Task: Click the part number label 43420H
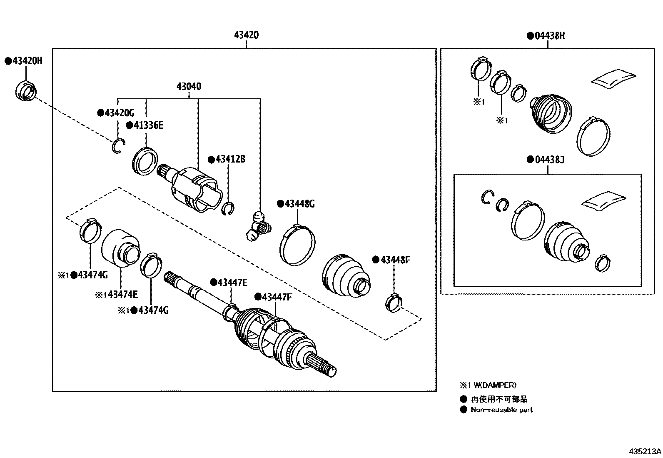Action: tap(27, 61)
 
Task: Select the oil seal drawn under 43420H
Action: tap(26, 91)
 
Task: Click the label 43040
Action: tap(189, 87)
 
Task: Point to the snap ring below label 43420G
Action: tap(118, 146)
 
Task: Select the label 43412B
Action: tap(230, 159)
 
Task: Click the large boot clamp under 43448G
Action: tap(297, 245)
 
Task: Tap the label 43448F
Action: tap(395, 260)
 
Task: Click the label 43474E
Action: tap(120, 295)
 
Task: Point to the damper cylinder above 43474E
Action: tap(120, 247)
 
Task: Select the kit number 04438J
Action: tap(549, 160)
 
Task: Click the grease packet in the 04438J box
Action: tap(604, 199)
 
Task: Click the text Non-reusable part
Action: tap(501, 410)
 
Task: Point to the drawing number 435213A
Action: tap(645, 451)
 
